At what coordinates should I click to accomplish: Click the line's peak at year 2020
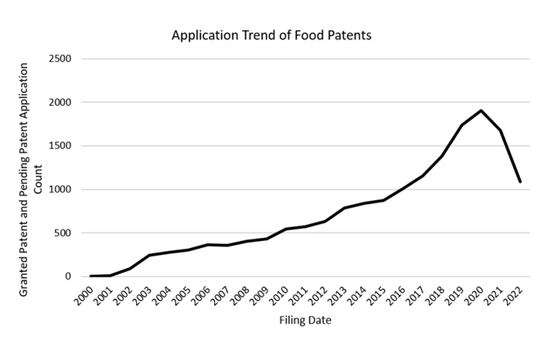pos(481,110)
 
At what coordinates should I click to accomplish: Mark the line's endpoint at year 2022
pos(521,182)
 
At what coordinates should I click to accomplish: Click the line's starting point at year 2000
pos(90,276)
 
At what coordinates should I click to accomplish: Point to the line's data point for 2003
pos(149,255)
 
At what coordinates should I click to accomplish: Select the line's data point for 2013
pos(345,208)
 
